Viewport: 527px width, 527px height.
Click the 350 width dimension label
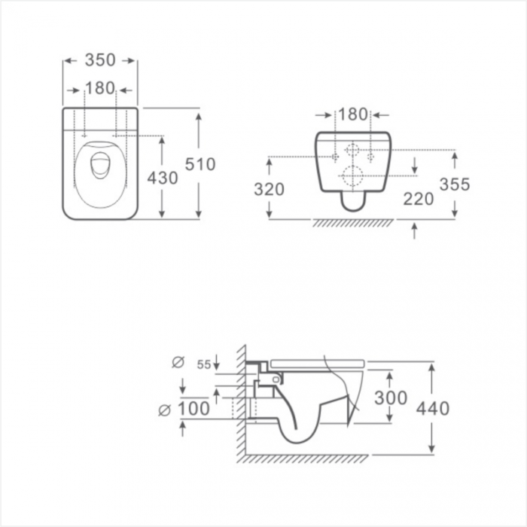point(100,60)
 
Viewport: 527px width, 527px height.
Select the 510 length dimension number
point(200,164)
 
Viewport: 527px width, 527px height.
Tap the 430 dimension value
point(163,178)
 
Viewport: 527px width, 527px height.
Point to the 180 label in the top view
point(100,88)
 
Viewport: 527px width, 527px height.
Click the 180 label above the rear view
point(353,114)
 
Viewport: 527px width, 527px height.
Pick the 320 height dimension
point(269,190)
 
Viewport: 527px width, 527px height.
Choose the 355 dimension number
point(455,184)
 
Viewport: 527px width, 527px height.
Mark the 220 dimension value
point(418,200)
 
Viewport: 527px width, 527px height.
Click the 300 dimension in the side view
point(391,398)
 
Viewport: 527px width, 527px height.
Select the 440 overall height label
point(433,409)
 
